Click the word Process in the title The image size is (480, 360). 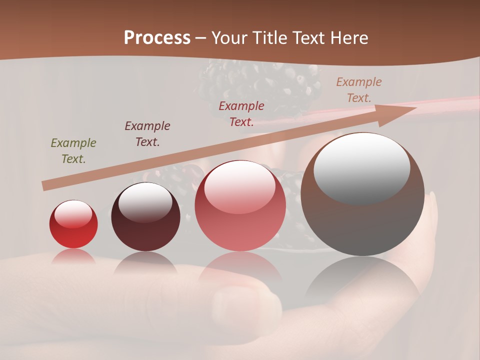pos(157,37)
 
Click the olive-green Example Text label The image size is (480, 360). pos(73,151)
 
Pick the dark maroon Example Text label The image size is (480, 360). pos(147,134)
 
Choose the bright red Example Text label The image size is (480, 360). pos(241,114)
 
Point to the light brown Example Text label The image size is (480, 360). pos(358,90)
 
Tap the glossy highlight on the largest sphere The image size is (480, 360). pos(361,167)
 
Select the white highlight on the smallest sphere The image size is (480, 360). pos(73,214)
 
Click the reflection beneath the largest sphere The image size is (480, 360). pos(362,280)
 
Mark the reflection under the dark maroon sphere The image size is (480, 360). pos(145,263)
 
